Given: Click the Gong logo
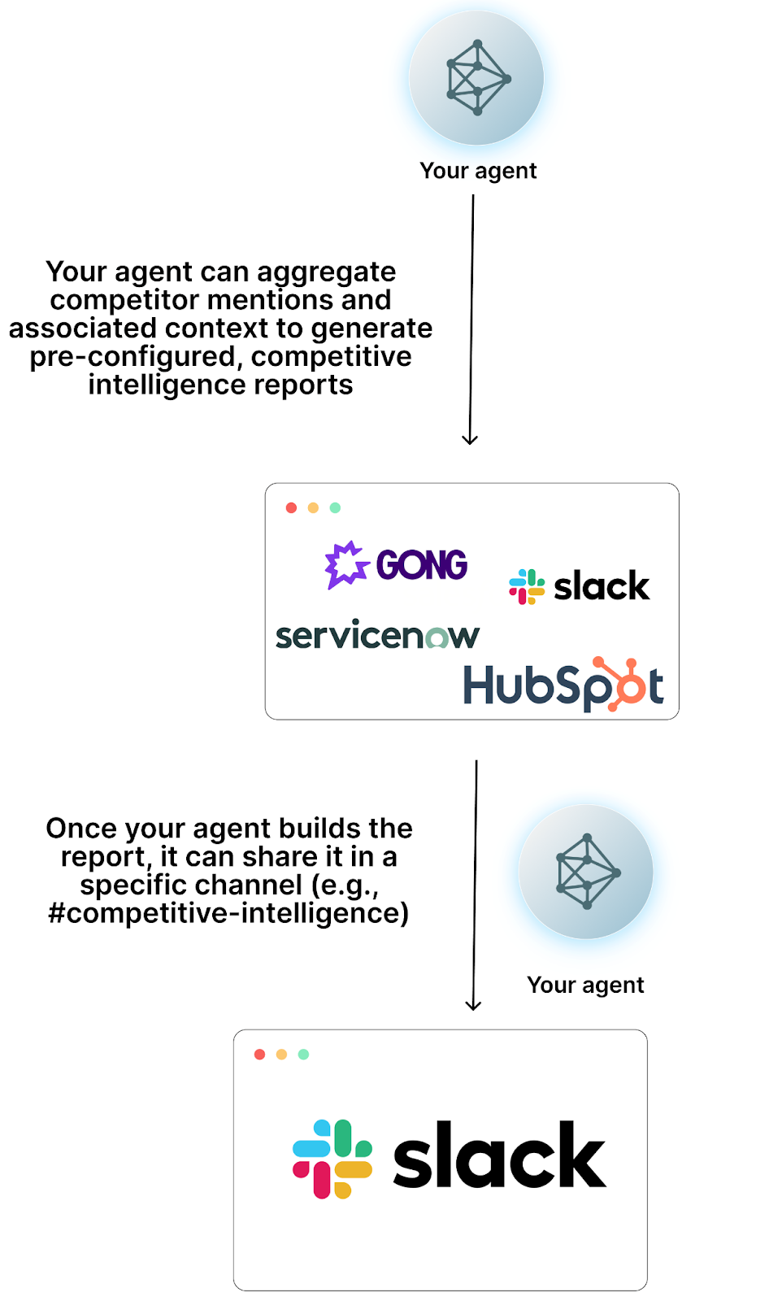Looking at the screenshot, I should [x=397, y=564].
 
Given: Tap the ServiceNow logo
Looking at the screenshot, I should [x=377, y=636].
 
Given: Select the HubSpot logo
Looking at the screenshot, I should [x=563, y=685].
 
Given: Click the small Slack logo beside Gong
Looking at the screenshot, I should [x=579, y=586].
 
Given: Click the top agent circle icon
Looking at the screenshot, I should [x=476, y=78].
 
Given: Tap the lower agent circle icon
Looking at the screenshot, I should [x=586, y=872].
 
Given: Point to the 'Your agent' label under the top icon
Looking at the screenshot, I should [x=478, y=171].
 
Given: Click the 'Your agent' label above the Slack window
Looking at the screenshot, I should [x=585, y=985].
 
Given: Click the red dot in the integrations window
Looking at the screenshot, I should [x=291, y=507].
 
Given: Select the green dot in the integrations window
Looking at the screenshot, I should [x=335, y=507].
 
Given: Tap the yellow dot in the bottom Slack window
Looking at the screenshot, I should [x=281, y=1055].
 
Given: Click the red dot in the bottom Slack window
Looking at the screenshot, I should [x=259, y=1055].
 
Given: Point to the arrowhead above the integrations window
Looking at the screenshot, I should [x=470, y=439].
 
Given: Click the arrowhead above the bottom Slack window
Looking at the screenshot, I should [x=473, y=1005].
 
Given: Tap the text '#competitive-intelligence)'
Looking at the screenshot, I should [x=228, y=913].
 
